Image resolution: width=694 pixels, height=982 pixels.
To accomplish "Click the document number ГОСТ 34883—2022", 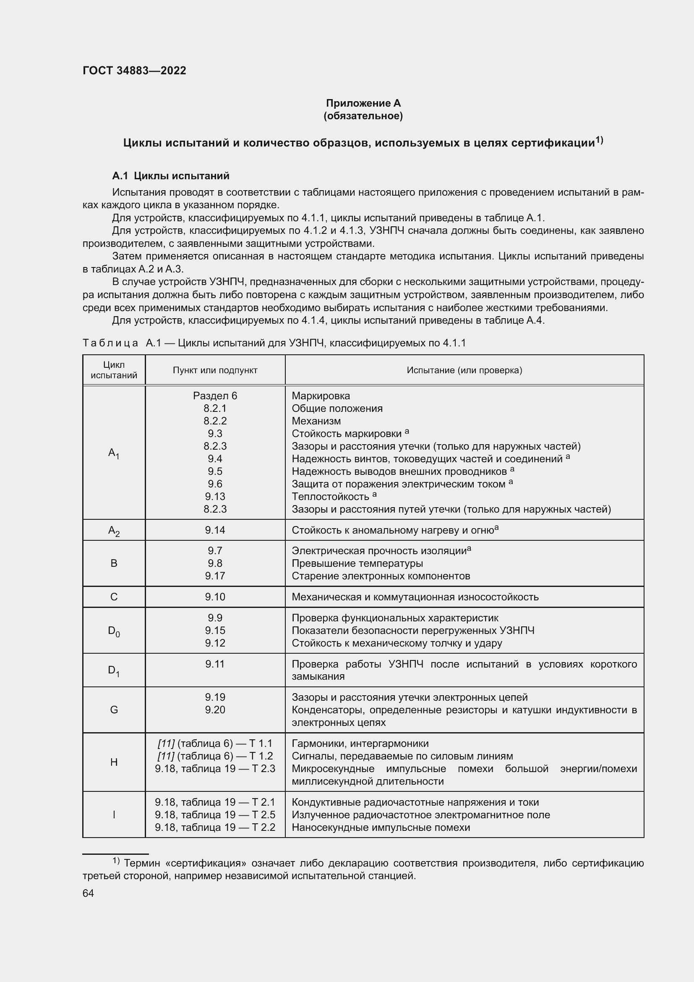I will click(134, 71).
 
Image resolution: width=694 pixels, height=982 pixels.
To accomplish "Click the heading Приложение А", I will click(363, 103).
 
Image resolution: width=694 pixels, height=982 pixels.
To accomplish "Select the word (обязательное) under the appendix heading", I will click(363, 116).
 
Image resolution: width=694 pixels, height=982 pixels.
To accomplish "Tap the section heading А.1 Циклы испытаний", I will click(170, 176).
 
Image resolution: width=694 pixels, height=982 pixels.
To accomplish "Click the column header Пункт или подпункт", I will click(215, 370).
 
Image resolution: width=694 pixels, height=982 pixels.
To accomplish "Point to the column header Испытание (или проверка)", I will click(464, 370).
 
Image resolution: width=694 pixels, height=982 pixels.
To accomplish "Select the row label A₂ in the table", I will click(114, 531).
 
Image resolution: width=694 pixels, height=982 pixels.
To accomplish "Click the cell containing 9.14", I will click(215, 530).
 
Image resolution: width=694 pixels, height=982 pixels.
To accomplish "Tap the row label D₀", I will click(114, 631).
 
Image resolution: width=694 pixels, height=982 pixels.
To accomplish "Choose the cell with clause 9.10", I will click(215, 597).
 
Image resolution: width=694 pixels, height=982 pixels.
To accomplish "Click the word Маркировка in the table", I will click(321, 395).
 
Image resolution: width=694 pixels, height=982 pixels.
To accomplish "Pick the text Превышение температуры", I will click(357, 563).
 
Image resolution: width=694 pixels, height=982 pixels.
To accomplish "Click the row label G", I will click(114, 710).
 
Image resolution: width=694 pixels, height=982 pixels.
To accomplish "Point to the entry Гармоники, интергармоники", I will click(360, 744).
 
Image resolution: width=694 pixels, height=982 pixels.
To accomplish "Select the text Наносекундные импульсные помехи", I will click(381, 827).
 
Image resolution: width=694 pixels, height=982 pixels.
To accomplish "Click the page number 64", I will click(88, 893).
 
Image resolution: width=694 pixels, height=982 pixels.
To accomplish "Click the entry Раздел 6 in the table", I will click(215, 395).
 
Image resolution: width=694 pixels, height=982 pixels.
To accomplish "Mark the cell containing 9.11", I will click(215, 664).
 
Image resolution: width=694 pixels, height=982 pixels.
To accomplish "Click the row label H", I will click(114, 762).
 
